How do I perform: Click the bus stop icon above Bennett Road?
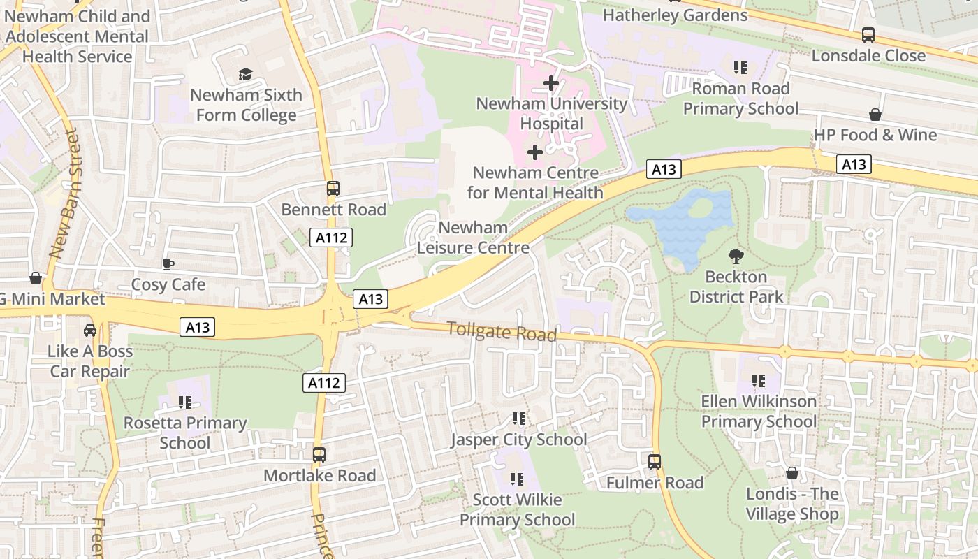[333, 189]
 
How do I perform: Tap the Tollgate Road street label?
[502, 331]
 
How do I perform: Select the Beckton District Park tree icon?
[736, 256]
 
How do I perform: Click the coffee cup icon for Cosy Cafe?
[168, 264]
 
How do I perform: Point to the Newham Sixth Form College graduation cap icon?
[245, 74]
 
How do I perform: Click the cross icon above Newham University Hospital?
[551, 83]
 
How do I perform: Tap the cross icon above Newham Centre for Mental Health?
[535, 152]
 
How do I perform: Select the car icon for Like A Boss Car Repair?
[90, 330]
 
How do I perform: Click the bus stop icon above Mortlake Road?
[319, 455]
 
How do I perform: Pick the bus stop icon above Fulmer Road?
[655, 461]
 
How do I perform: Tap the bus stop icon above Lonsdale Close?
[868, 34]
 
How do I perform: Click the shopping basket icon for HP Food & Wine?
[875, 115]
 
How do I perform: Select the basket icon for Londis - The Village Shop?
[791, 474]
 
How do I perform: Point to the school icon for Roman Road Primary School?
[740, 68]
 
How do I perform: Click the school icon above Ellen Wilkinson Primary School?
[759, 381]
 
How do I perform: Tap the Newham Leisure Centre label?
[473, 238]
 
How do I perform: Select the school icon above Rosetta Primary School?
[185, 402]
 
